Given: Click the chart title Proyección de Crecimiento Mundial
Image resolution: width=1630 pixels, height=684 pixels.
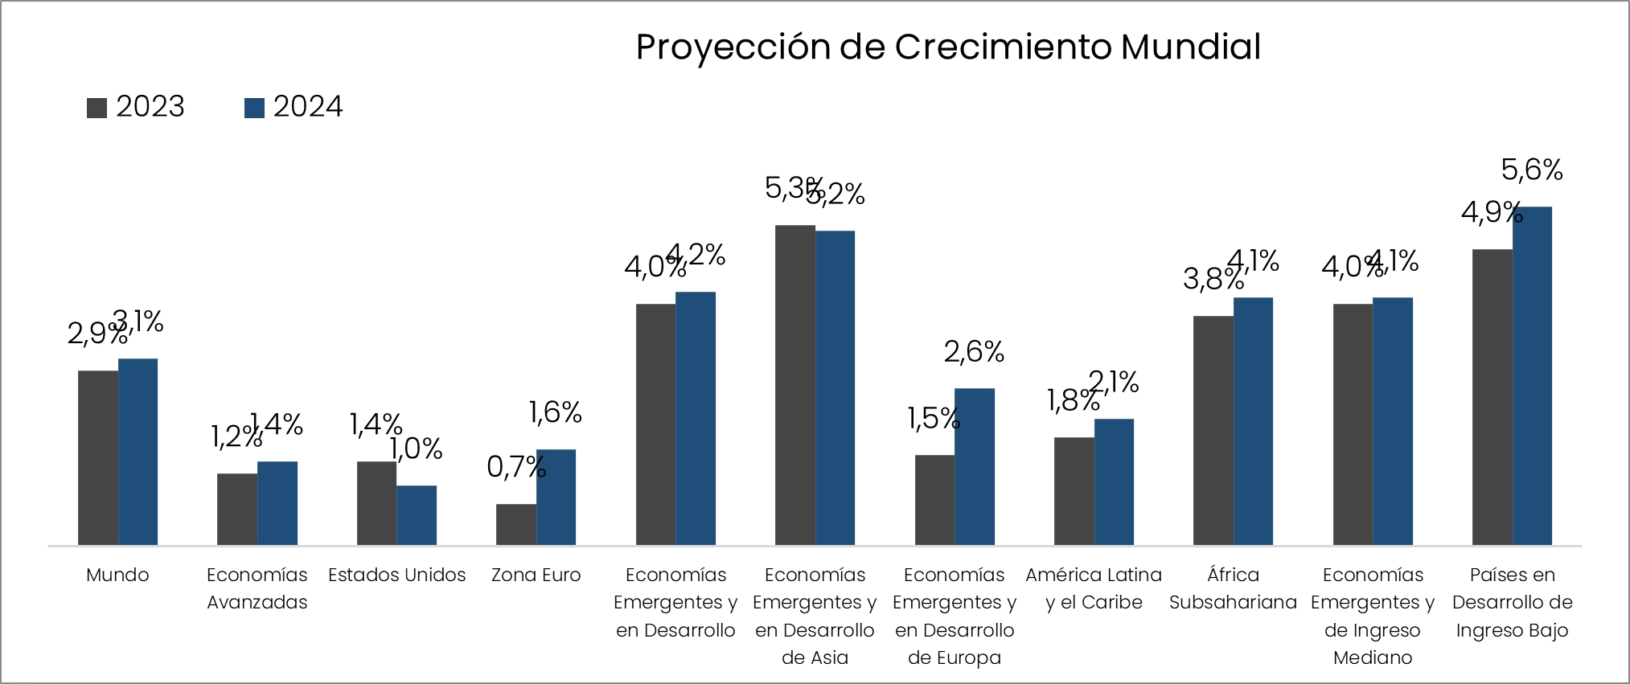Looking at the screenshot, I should pos(948,47).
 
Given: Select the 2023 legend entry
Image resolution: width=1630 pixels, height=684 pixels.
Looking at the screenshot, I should pos(136,107).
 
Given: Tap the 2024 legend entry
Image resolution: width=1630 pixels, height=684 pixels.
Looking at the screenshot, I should pos(294,107).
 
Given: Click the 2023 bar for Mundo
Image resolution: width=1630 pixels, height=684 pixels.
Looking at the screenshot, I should pos(98,458).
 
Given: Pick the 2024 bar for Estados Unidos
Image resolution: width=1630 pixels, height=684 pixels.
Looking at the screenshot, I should pos(417,515).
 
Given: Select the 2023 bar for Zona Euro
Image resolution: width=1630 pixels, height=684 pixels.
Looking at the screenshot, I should pos(516,525).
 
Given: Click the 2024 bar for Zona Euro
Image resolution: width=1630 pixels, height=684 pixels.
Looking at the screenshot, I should pos(556,498).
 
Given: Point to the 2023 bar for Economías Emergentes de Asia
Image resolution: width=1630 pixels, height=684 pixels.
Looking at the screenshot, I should pos(795,385).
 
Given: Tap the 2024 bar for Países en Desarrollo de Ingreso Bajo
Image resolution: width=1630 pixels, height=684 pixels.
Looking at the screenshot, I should pos(1532,376).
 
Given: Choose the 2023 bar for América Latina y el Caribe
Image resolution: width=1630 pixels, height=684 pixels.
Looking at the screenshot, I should pos(1074,491).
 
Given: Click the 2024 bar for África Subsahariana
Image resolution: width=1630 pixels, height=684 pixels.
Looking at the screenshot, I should pos(1253,421).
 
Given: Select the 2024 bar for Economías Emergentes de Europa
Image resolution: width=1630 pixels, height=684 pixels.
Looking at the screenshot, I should pos(975,467).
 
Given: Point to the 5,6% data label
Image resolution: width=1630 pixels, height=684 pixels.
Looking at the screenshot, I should pos(1532,170).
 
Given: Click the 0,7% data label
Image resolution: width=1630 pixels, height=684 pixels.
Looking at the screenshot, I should pos(516,467).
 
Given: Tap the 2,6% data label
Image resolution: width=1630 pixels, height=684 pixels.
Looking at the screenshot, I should pos(974,352).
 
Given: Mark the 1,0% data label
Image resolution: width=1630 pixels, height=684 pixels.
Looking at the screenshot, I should pos(417,449).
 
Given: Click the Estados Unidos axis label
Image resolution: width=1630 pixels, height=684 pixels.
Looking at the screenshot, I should pos(397,575).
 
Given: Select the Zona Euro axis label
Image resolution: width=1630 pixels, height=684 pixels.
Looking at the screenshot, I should pos(536,575).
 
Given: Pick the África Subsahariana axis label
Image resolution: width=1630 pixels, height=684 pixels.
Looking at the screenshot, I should pos(1233,588).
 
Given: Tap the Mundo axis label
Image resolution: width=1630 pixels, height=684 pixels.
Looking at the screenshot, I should pos(117,575).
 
